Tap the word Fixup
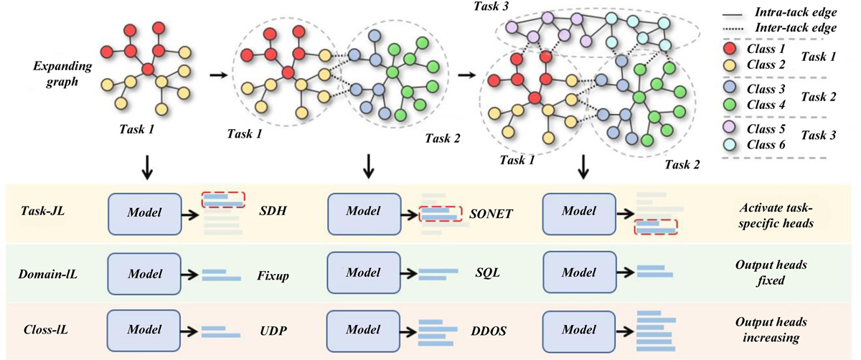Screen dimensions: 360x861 (x=271, y=275)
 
